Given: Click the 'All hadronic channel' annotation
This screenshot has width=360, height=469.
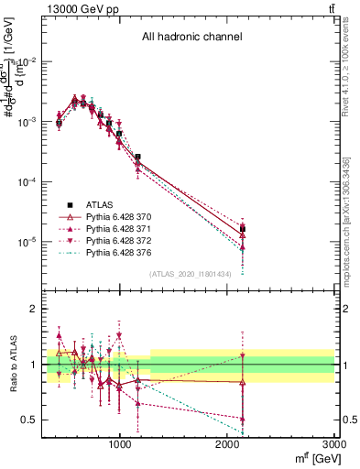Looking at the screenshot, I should tap(191, 38).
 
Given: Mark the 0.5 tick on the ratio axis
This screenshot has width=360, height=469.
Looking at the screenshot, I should tap(27, 420).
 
